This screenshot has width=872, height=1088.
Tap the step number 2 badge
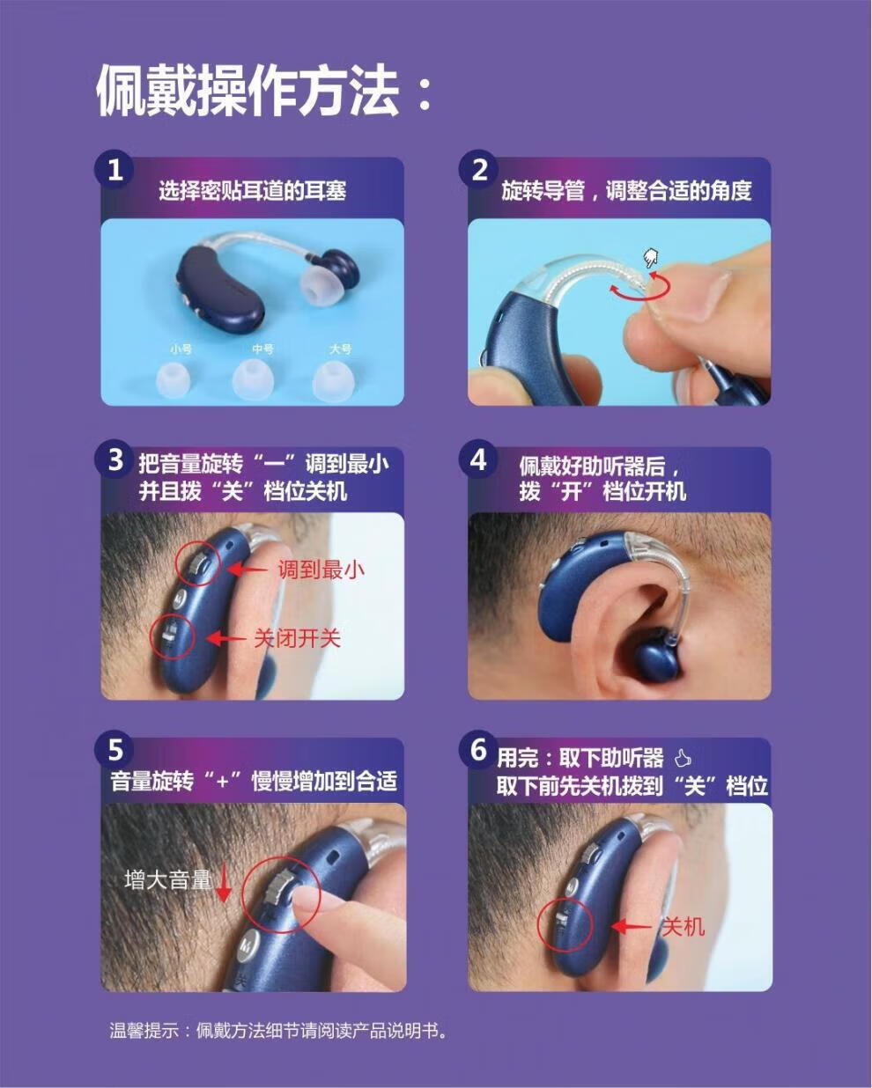(x=479, y=169)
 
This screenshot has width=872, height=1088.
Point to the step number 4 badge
(x=479, y=459)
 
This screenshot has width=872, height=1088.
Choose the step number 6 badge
(x=479, y=750)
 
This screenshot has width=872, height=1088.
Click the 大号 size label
(x=341, y=349)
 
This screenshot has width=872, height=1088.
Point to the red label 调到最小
(x=321, y=570)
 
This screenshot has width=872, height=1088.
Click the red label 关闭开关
(x=297, y=638)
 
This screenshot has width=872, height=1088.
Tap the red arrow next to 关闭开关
(x=225, y=638)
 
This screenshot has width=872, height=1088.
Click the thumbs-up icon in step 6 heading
(x=683, y=759)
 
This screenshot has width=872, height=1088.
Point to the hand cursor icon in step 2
(x=650, y=258)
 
